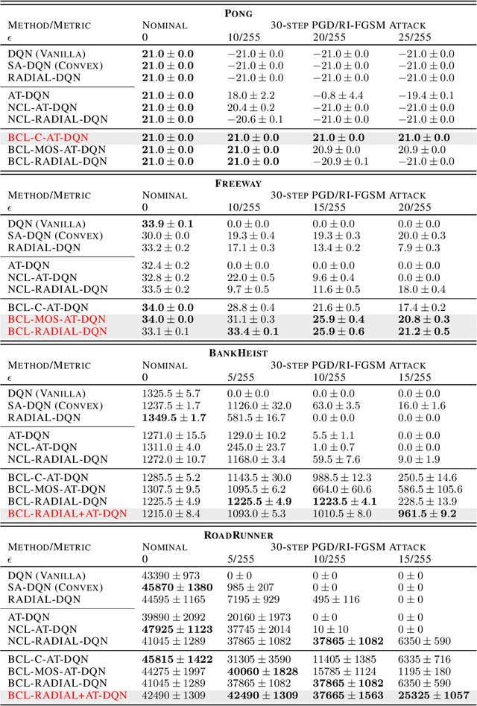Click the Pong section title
point(238,13)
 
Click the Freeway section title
point(238,183)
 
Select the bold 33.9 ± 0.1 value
point(168,224)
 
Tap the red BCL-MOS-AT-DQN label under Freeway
point(57,319)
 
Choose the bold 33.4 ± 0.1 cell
point(254,331)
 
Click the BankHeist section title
point(238,353)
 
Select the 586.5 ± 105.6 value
point(429,490)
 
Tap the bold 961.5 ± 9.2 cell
point(426,514)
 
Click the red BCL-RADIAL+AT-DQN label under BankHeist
point(67,514)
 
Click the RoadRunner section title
point(238,535)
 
